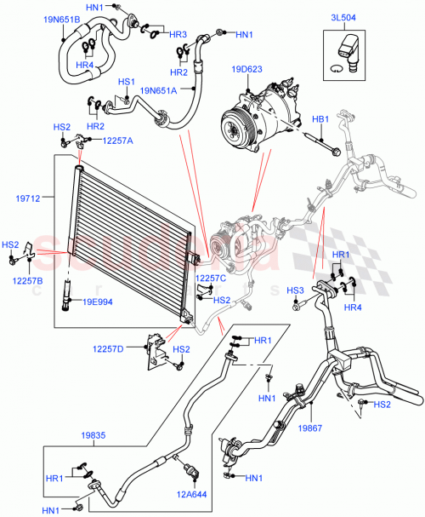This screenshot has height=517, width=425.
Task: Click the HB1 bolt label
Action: pyautogui.click(x=320, y=119)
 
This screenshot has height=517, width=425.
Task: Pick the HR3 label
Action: pyautogui.click(x=178, y=34)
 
